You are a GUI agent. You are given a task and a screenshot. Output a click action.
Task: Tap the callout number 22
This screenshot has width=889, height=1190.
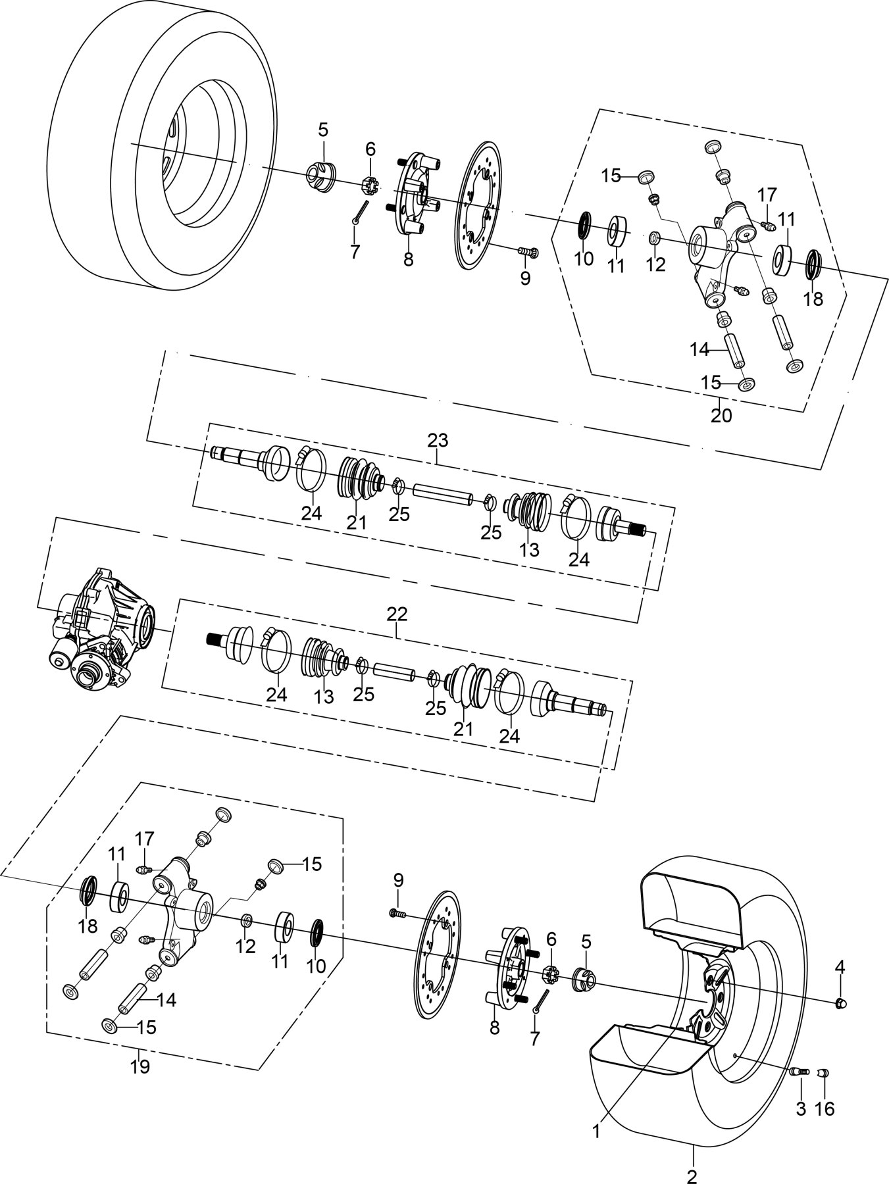397,614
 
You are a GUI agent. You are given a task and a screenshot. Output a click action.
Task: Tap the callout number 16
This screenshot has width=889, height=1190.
824,1109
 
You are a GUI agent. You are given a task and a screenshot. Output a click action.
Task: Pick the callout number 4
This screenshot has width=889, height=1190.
840,967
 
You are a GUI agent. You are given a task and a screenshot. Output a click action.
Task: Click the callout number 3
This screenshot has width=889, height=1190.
801,1109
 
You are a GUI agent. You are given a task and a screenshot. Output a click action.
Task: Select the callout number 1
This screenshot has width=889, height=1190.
596,1131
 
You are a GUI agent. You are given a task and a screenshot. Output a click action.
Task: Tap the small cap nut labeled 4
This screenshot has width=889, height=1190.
840,1003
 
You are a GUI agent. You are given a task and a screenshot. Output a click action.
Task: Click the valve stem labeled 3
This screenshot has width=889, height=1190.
797,1073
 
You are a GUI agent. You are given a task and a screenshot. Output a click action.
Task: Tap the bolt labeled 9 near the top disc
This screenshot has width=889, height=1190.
527,252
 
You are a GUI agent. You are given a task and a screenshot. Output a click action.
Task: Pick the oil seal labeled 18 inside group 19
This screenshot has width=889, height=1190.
88,892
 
